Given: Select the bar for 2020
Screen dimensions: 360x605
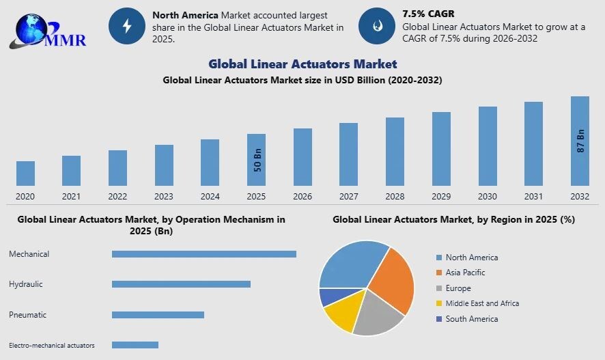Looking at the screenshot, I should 25,174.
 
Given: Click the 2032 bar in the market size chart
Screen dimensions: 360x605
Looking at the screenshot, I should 580,141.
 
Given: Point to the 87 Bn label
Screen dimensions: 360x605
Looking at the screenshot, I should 581,140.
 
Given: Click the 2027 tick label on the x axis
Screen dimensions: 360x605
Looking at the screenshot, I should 348,197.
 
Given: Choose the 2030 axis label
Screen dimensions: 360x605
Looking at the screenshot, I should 487,197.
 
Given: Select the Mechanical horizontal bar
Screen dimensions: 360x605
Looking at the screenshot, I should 203,254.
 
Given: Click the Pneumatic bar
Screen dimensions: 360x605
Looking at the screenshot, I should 158,315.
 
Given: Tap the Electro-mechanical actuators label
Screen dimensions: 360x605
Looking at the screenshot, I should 52,346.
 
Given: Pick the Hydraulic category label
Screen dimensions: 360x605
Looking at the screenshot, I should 26,284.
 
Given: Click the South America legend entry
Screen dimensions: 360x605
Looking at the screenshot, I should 471,319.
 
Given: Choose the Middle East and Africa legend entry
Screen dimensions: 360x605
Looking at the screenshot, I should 482,303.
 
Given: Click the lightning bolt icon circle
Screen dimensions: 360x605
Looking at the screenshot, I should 126,27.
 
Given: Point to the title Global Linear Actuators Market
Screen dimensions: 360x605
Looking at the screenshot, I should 302,64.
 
